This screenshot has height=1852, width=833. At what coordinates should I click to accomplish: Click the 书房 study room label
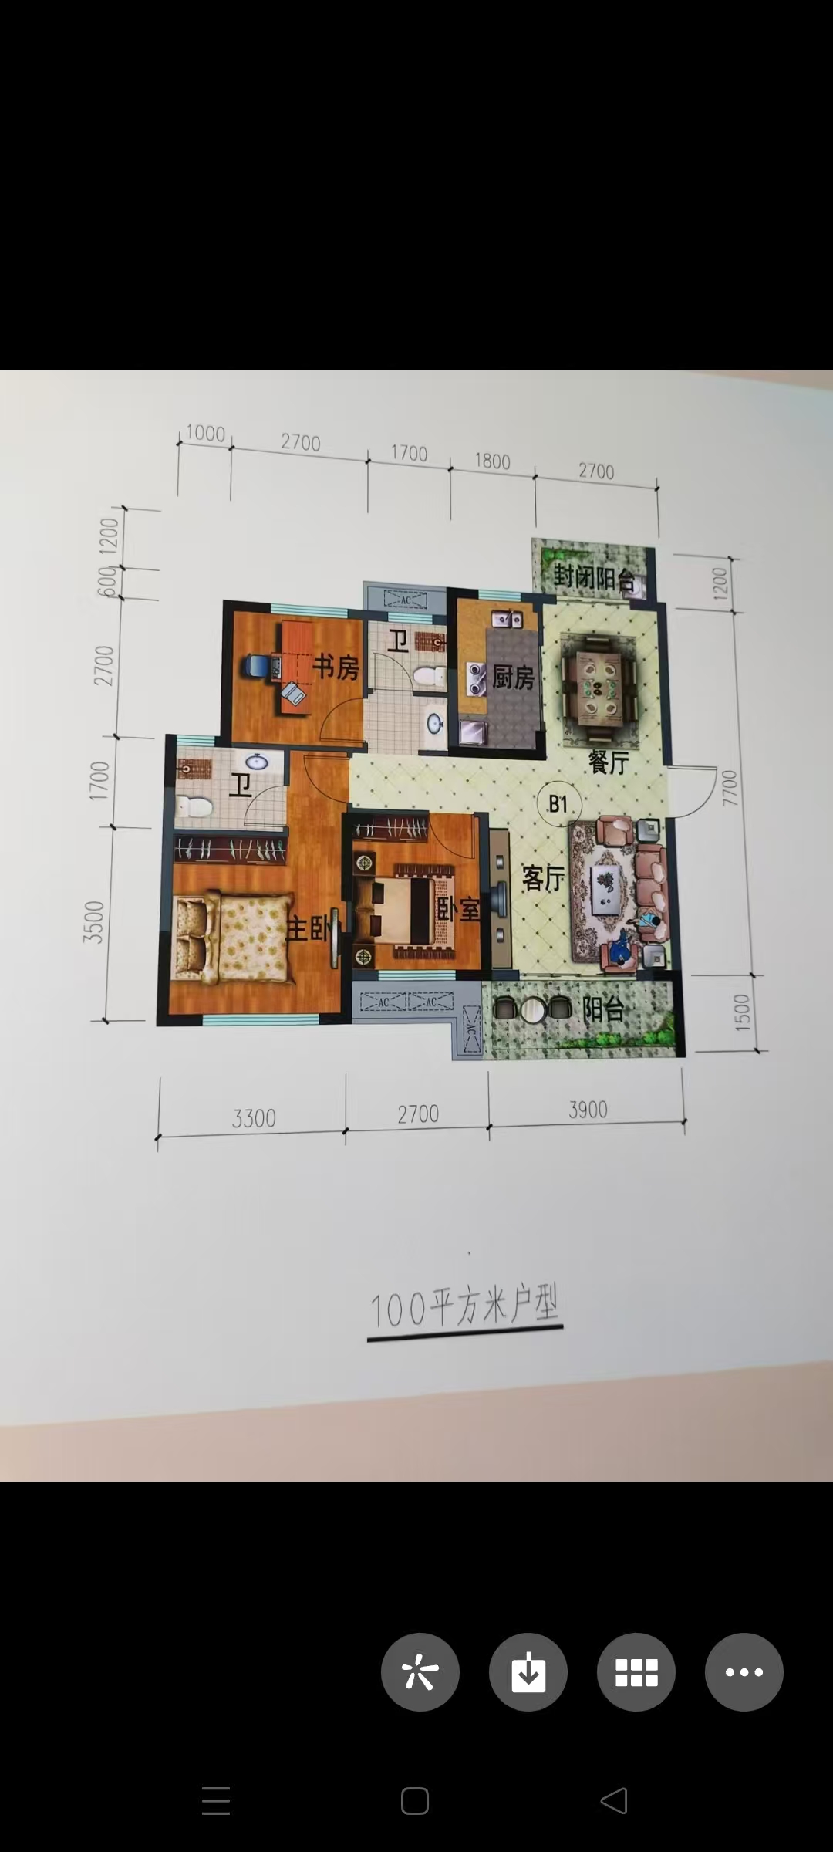(336, 667)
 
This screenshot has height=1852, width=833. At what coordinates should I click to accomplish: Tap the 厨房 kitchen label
(513, 678)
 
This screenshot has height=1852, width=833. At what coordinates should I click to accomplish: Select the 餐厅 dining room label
(609, 762)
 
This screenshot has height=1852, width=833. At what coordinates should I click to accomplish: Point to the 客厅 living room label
(543, 878)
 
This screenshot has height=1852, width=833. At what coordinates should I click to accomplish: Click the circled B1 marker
(558, 805)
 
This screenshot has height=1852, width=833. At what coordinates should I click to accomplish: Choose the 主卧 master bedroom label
(309, 929)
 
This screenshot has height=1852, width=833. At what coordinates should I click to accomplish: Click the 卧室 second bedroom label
(458, 909)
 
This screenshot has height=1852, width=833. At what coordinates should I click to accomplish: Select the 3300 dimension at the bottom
(254, 1118)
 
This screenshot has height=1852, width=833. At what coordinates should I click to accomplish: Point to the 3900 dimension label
(588, 1110)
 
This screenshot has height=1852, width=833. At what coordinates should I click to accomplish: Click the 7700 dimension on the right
(729, 787)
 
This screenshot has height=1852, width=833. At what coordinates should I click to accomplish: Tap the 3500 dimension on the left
(93, 921)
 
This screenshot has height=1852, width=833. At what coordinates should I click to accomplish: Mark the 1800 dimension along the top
(492, 461)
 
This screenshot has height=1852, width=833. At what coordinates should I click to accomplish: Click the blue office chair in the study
(257, 666)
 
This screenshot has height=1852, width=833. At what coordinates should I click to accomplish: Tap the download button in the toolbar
(528, 1672)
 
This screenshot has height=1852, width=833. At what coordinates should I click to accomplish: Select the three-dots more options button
(744, 1672)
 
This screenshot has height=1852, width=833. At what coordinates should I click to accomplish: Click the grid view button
(636, 1672)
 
